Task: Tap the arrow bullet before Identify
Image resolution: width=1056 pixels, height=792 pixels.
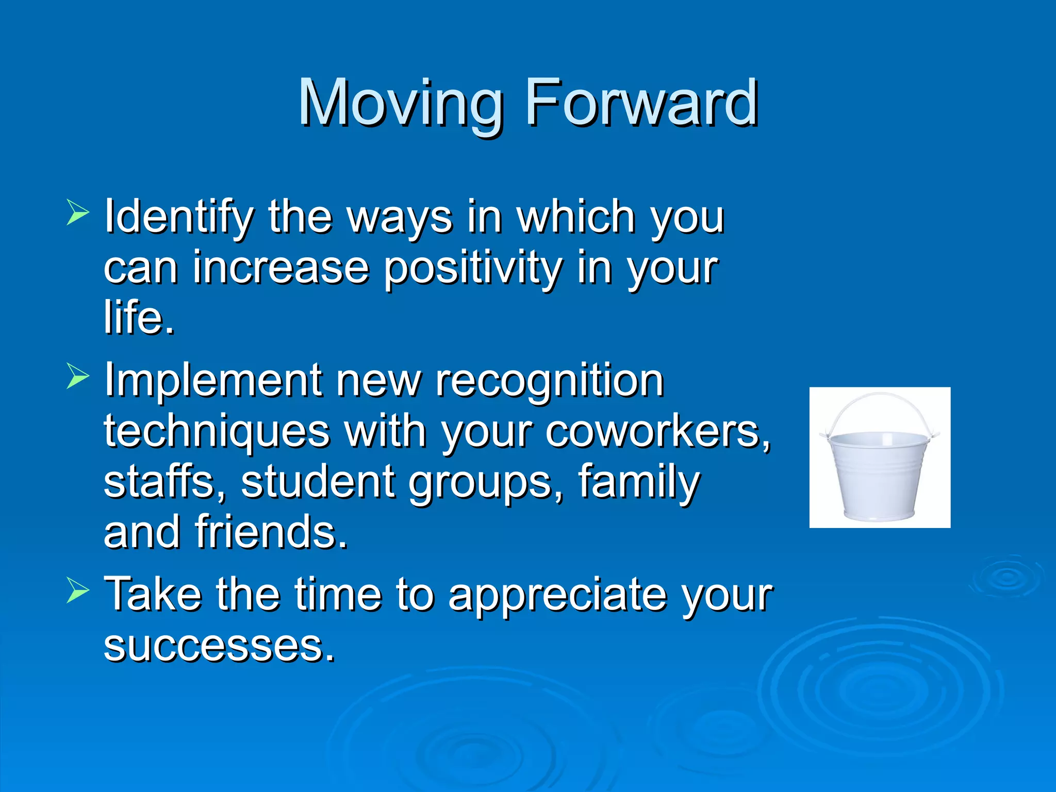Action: tap(78, 213)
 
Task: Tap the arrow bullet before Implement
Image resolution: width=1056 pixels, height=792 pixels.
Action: tap(78, 376)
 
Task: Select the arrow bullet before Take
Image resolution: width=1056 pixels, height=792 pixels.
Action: tap(78, 591)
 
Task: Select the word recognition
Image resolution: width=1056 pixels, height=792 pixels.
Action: tap(550, 381)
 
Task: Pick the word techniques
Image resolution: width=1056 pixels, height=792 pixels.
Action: tap(217, 432)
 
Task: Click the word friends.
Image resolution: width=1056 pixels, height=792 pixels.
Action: tap(271, 532)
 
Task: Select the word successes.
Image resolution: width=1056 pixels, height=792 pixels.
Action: tap(219, 646)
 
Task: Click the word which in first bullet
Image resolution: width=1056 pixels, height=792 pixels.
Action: tap(576, 218)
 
